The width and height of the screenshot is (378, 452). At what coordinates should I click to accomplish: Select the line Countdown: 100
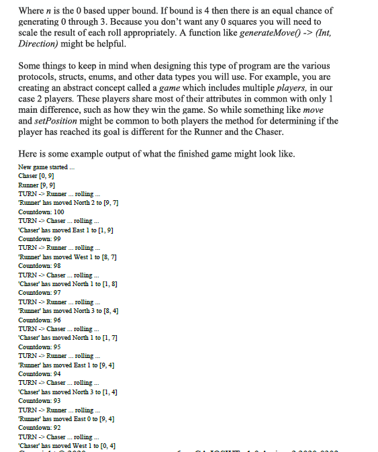click(x=42, y=212)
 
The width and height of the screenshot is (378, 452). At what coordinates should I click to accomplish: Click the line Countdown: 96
click(x=40, y=320)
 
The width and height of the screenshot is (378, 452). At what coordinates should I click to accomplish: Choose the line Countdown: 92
click(x=40, y=427)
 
